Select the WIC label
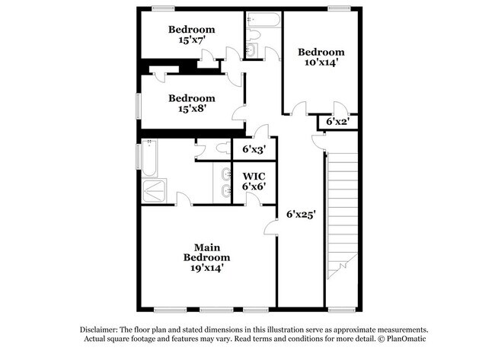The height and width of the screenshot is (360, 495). click(254, 176)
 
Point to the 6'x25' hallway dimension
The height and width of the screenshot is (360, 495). click(301, 214)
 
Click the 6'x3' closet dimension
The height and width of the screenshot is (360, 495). click(254, 150)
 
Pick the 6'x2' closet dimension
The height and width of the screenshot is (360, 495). click(337, 122)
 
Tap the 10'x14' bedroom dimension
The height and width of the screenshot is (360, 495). click(320, 63)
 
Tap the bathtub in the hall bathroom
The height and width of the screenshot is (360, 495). click(260, 21)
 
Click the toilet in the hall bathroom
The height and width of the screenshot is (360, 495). click(255, 35)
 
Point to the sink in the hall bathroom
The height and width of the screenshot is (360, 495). click(252, 51)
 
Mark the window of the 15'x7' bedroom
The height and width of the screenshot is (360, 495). click(161, 8)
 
